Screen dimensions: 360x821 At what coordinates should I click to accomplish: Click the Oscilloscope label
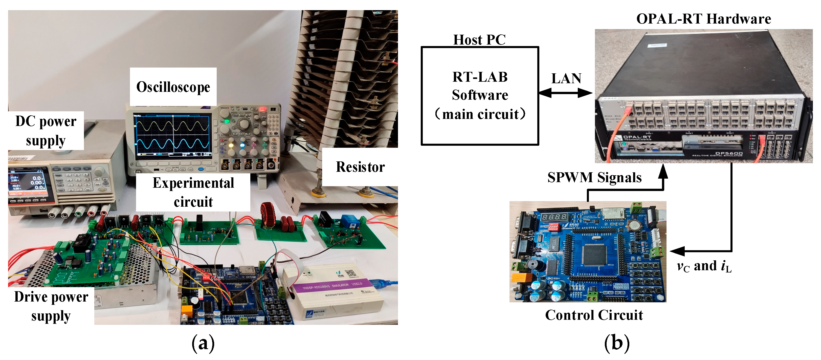(x=173, y=87)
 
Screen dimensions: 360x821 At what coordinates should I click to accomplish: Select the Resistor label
(x=360, y=167)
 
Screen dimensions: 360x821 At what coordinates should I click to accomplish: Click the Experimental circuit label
(x=193, y=192)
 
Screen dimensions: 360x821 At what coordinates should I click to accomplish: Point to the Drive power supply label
(x=51, y=306)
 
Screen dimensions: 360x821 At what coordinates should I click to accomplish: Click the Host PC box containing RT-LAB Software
(x=480, y=96)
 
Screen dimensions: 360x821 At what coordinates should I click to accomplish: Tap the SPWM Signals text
(x=594, y=177)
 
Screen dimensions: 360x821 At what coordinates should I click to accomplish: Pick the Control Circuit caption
(x=594, y=315)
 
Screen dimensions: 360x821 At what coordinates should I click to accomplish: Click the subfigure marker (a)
(x=203, y=343)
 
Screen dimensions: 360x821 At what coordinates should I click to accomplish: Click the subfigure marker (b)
(x=617, y=343)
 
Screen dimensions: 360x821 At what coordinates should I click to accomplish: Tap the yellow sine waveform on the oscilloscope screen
(x=172, y=126)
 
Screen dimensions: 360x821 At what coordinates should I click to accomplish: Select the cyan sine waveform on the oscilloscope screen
(x=172, y=144)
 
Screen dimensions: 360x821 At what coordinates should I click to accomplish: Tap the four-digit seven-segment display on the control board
(x=554, y=217)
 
